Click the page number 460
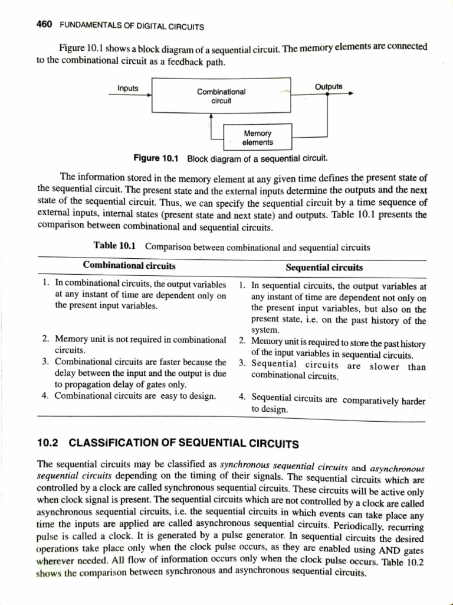[x=44, y=25]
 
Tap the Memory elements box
[x=258, y=138]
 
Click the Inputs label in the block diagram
[x=128, y=89]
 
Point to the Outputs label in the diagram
[x=329, y=87]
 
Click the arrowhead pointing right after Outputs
[x=350, y=93]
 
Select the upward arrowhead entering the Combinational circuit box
[x=211, y=115]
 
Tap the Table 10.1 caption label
[x=116, y=245]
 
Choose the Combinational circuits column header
[x=129, y=266]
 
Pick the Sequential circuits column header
[x=324, y=267]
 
